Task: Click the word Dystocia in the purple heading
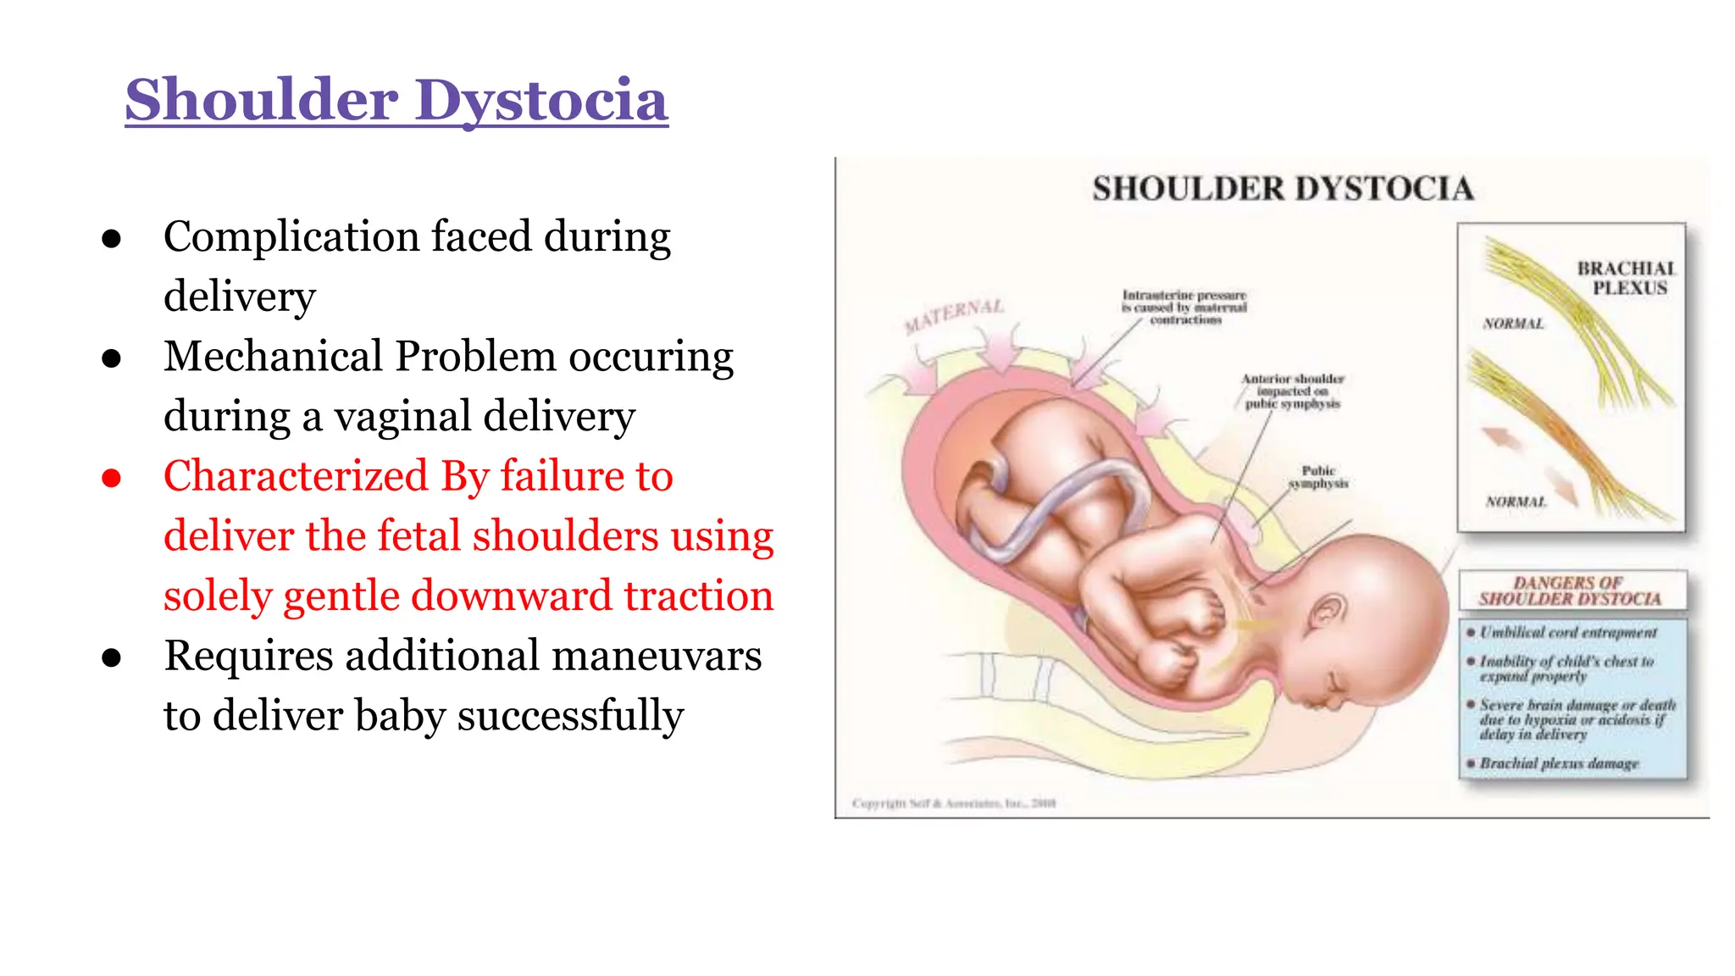tap(542, 101)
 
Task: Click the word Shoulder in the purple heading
tap(262, 101)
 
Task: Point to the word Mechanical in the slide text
tap(273, 357)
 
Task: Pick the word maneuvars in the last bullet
tap(665, 656)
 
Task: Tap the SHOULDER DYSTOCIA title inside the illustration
tap(1283, 189)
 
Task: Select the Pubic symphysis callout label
tap(1318, 477)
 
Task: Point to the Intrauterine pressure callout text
tap(1184, 308)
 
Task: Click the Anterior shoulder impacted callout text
tap(1293, 391)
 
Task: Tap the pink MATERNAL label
tap(954, 316)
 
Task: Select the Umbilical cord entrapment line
tap(1568, 633)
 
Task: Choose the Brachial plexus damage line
tap(1559, 763)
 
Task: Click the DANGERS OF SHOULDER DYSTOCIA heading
tap(1570, 591)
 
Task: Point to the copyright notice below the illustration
tap(954, 803)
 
